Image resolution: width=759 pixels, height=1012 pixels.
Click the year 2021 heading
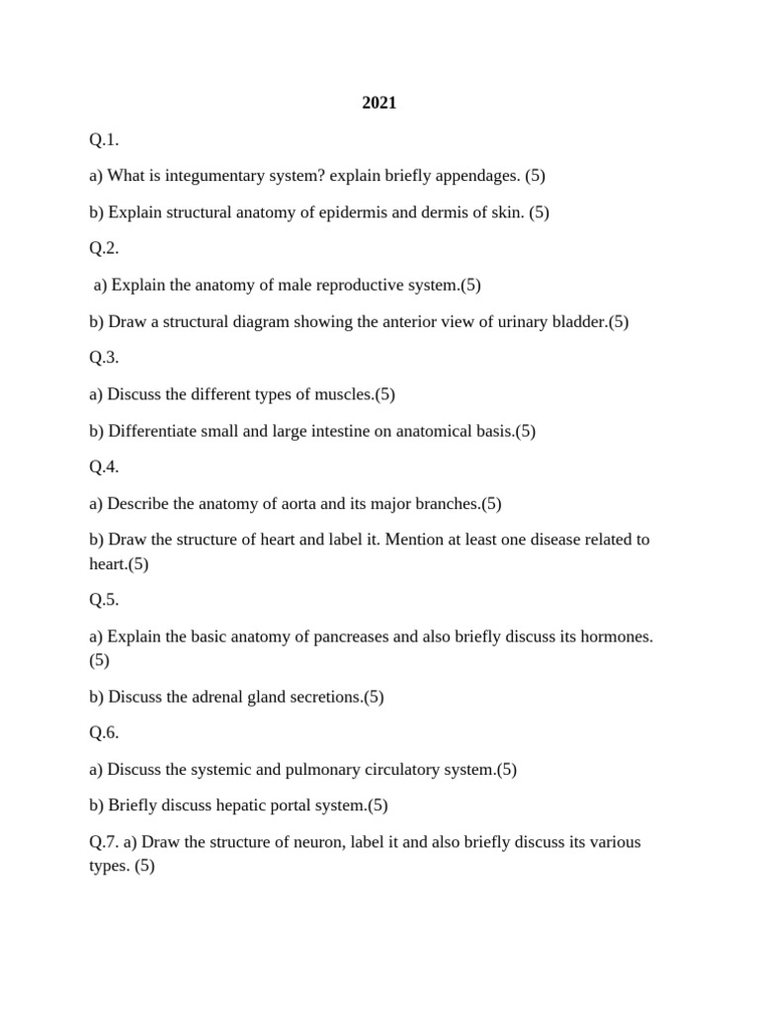[379, 103]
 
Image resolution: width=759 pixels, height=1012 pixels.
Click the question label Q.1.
[104, 139]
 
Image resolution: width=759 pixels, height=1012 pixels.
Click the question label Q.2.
[104, 249]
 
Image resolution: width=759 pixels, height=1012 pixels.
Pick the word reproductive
[336, 286]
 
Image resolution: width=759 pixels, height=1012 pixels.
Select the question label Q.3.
[104, 358]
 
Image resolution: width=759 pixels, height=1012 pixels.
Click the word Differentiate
[156, 431]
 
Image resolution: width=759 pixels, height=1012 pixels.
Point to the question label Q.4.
[104, 467]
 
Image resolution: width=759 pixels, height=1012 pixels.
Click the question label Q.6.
[104, 733]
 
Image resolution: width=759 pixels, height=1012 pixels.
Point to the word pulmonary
[301, 770]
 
